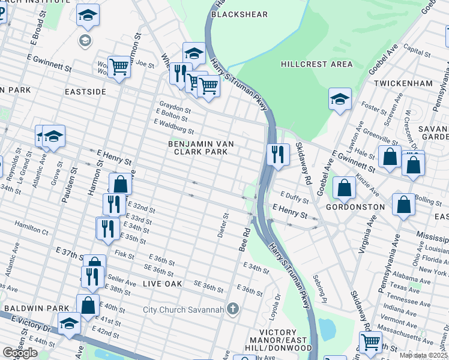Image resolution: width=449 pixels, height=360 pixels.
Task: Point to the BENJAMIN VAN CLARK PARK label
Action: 200,148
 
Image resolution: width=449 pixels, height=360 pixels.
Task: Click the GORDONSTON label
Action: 355,206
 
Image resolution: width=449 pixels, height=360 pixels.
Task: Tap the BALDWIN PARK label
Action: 37,308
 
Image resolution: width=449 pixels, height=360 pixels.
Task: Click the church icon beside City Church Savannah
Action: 233,310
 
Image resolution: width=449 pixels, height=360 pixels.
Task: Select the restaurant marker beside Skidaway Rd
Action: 278,154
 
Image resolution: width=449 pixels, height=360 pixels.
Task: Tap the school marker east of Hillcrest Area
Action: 340,99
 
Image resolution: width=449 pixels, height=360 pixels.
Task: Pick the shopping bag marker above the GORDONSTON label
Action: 344,188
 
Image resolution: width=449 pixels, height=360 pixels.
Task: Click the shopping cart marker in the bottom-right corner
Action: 370,342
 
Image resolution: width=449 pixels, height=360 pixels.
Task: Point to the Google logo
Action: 20,353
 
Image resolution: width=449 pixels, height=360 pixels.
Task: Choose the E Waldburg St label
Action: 173,126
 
